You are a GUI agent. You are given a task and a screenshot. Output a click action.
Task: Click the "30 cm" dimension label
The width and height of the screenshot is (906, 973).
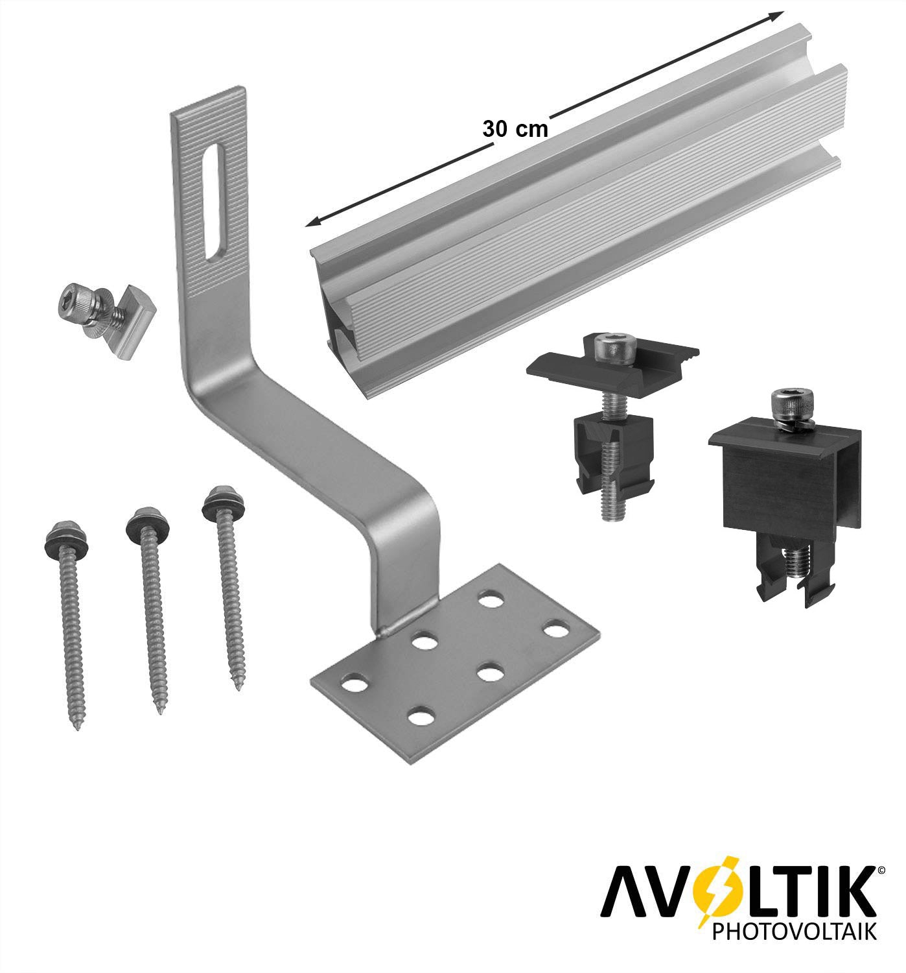[515, 129]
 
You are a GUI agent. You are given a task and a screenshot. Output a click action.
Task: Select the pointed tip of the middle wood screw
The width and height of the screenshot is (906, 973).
[159, 710]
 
